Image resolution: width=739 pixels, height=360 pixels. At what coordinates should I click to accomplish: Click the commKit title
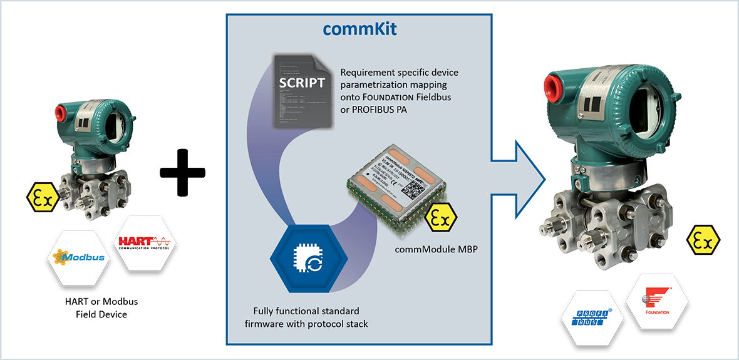point(359,29)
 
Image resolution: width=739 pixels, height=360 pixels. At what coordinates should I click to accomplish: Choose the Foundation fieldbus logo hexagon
point(657,301)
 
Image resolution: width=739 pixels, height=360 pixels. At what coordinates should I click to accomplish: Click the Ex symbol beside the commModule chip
point(441,219)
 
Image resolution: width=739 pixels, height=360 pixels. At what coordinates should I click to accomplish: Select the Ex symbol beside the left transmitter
point(43,198)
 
